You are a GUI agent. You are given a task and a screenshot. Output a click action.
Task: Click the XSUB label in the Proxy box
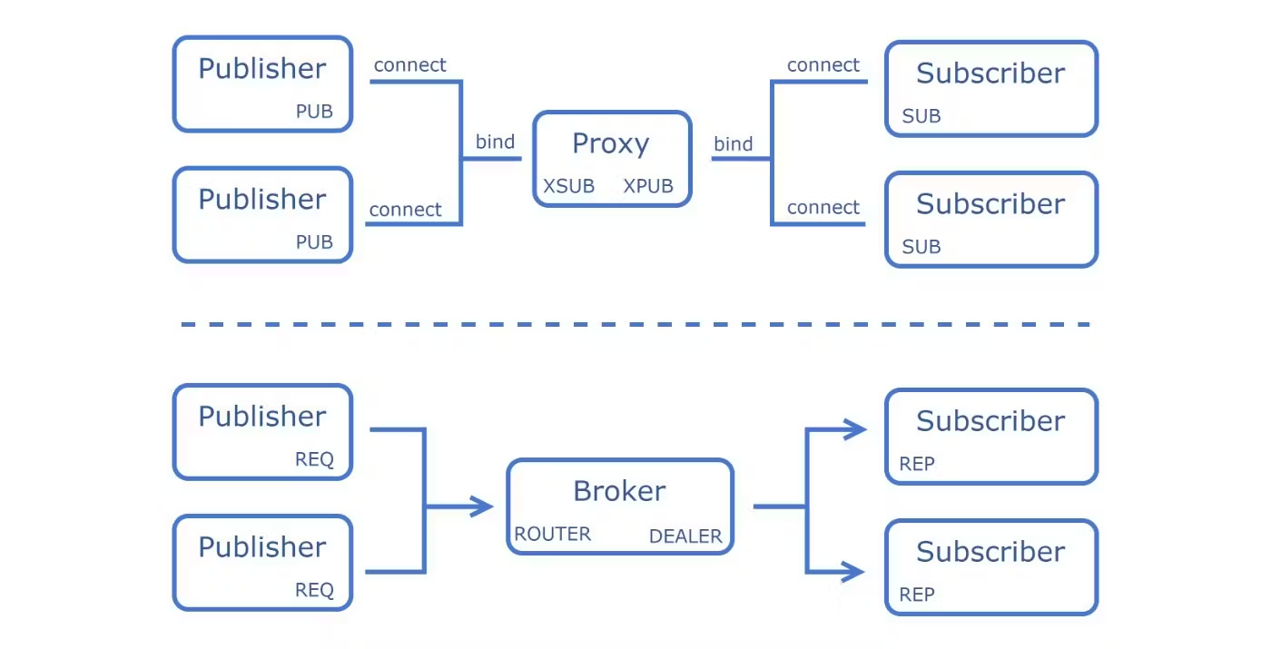tap(568, 186)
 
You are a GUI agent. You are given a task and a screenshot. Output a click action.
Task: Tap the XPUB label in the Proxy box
tap(648, 186)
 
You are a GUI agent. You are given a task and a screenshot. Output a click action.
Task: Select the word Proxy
tap(610, 144)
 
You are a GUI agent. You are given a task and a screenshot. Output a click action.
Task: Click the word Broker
tap(619, 491)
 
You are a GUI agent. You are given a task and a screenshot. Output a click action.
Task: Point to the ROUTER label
tap(552, 534)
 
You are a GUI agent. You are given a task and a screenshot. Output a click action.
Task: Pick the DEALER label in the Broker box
tap(685, 536)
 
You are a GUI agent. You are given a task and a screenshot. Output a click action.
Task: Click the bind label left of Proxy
tap(495, 142)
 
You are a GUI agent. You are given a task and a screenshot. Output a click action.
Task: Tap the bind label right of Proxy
tap(734, 143)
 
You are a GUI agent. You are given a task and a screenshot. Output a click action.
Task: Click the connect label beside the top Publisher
tap(409, 64)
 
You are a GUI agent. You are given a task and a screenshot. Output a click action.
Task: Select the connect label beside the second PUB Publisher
tap(405, 210)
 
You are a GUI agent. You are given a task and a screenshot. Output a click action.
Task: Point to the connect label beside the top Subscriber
tap(823, 64)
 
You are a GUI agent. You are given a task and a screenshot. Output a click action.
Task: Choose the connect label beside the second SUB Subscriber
tap(823, 207)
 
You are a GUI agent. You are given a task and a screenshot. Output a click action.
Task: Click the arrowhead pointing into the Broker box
tap(481, 506)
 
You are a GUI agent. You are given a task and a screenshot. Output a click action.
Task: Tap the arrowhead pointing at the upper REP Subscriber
tap(854, 429)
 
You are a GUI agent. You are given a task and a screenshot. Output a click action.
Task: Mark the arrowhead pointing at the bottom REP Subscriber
tap(852, 571)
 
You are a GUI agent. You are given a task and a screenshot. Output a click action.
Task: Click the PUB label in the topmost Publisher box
tap(314, 111)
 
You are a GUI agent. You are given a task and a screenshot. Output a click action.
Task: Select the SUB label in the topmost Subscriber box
tap(921, 116)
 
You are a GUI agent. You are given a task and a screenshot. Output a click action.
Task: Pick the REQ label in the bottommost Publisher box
tap(314, 590)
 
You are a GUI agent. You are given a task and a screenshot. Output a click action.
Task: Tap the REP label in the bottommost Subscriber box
tap(916, 595)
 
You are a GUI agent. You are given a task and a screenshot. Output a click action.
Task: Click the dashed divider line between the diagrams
tap(635, 325)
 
